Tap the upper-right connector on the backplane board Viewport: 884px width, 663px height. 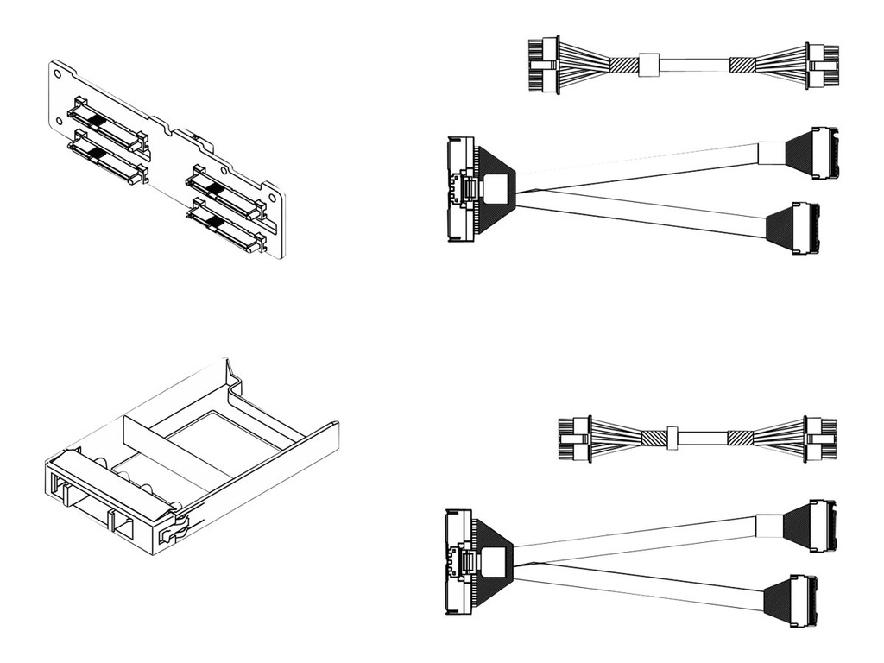(224, 196)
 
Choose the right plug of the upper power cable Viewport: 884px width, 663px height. (821, 66)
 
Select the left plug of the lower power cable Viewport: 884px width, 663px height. (573, 438)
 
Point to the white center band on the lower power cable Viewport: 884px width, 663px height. (672, 438)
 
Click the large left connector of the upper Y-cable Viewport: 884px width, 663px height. (461, 187)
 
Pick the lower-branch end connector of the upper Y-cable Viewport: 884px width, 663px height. (805, 229)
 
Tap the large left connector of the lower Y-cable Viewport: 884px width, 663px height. (458, 561)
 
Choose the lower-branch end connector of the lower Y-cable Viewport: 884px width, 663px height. (802, 601)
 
